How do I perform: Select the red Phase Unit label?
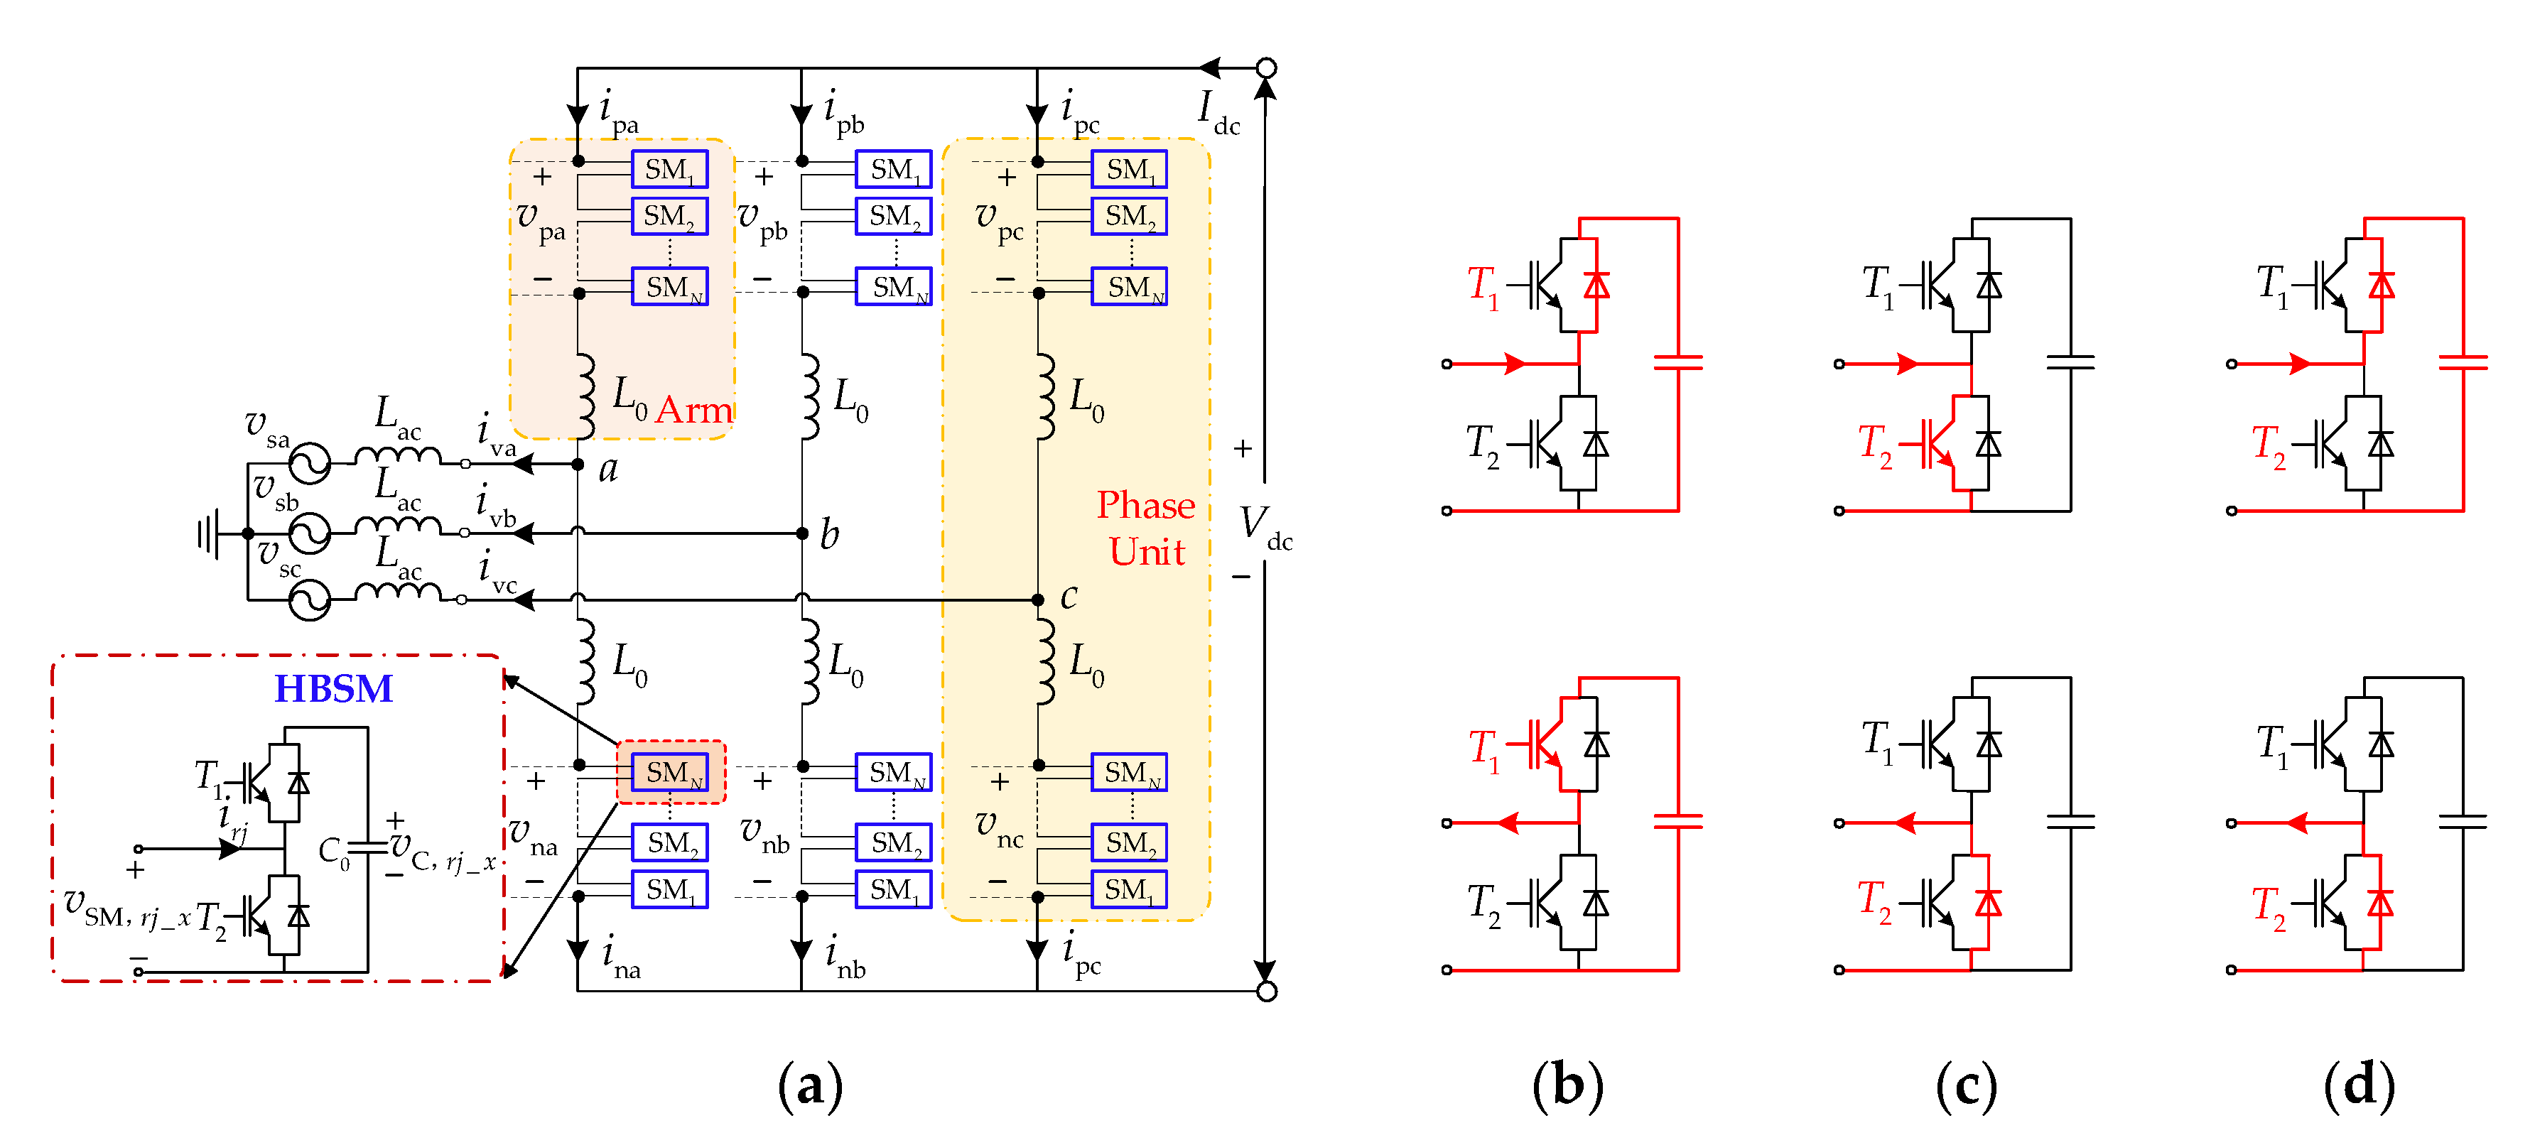pyautogui.click(x=1147, y=528)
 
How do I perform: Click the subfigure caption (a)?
pyautogui.click(x=809, y=1086)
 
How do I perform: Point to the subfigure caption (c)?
pyautogui.click(x=1965, y=1086)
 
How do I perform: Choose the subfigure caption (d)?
pyautogui.click(x=2358, y=1086)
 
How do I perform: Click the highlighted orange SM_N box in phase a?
pyautogui.click(x=670, y=772)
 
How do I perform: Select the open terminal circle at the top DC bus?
pyautogui.click(x=1267, y=68)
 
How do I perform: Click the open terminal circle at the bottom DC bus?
pyautogui.click(x=1267, y=991)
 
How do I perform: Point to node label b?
pyautogui.click(x=830, y=534)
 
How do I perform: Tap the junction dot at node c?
pyautogui.click(x=1037, y=599)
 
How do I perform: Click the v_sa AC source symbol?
pyautogui.click(x=309, y=462)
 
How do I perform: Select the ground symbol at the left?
pyautogui.click(x=207, y=534)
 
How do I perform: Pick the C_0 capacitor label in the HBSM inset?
pyautogui.click(x=334, y=852)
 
